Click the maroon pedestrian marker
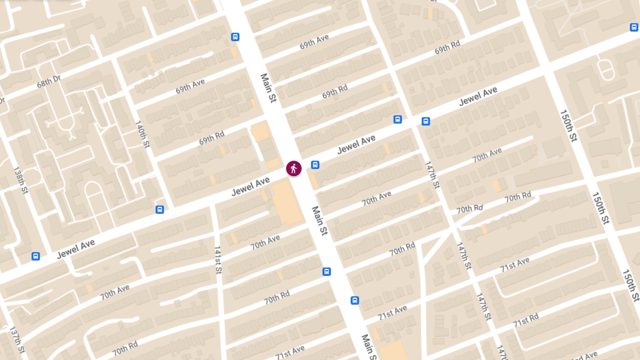(x=293, y=169)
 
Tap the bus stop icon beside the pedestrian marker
(x=315, y=165)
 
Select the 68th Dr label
(x=49, y=83)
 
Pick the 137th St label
(x=17, y=340)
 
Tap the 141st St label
(x=218, y=260)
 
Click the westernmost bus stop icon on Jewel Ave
(x=36, y=256)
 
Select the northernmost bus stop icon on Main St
(x=235, y=37)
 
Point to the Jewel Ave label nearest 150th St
(x=478, y=96)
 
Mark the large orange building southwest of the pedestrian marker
(x=287, y=201)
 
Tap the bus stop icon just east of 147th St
(x=426, y=121)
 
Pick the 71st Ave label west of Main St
(x=290, y=353)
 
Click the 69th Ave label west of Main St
(x=190, y=86)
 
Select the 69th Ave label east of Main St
(x=314, y=42)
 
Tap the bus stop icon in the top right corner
(x=633, y=27)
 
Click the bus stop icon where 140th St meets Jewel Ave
(x=159, y=209)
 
